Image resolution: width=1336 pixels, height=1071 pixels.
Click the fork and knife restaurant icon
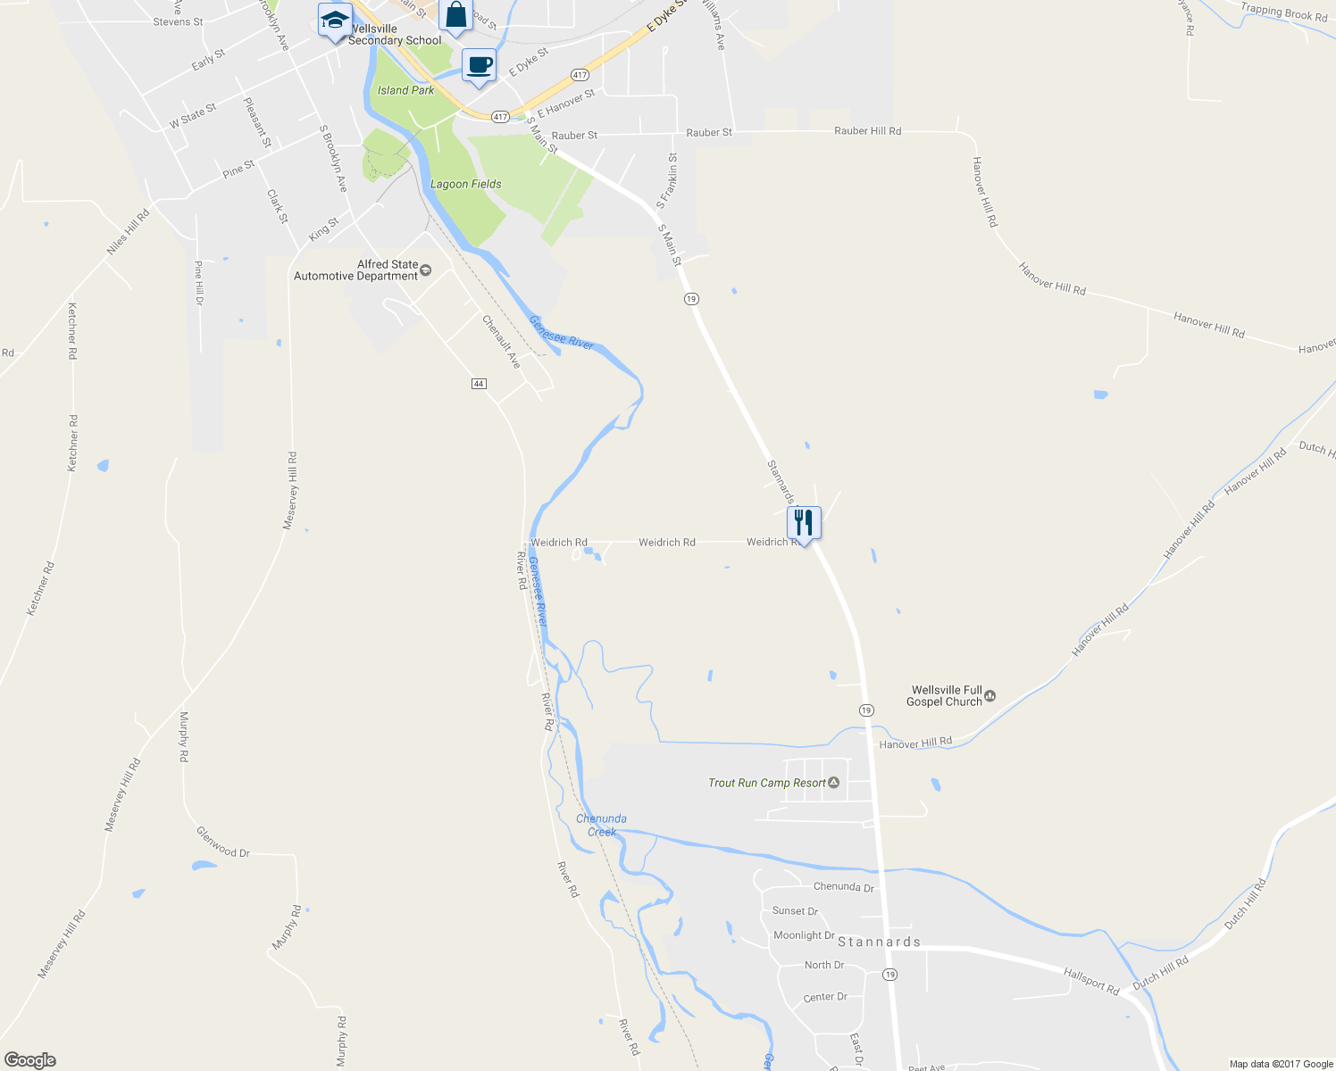(804, 523)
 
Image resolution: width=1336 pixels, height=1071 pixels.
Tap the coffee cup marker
(480, 66)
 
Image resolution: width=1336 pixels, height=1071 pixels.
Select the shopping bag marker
(455, 16)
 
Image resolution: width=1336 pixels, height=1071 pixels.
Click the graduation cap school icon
(335, 21)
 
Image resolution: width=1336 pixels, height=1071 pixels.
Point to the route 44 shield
(479, 384)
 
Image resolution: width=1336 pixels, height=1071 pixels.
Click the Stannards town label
(879, 942)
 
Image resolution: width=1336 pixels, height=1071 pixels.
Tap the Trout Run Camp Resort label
(767, 783)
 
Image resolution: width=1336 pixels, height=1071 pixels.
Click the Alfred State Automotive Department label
(356, 270)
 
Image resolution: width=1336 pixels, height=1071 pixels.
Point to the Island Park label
(405, 90)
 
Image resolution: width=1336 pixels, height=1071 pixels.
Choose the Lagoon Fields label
(465, 184)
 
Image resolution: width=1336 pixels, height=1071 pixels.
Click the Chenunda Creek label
(601, 825)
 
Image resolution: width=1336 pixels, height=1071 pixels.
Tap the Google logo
(30, 1060)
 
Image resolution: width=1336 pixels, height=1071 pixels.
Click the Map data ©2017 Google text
(1281, 1064)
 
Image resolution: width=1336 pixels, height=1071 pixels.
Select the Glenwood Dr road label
(222, 843)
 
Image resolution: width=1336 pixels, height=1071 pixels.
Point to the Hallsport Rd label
(1091, 981)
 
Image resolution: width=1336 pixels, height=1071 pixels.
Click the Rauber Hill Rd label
(867, 131)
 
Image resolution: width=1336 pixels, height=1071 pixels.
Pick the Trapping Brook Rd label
(1283, 12)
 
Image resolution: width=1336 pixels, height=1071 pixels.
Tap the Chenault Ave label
(501, 342)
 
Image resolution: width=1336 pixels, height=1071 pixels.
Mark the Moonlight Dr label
(804, 935)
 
